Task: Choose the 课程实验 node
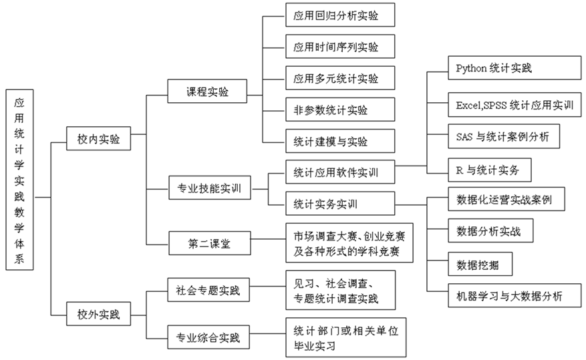[x=207, y=92]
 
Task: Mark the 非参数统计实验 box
[x=331, y=110]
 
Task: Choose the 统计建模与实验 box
[x=331, y=142]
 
